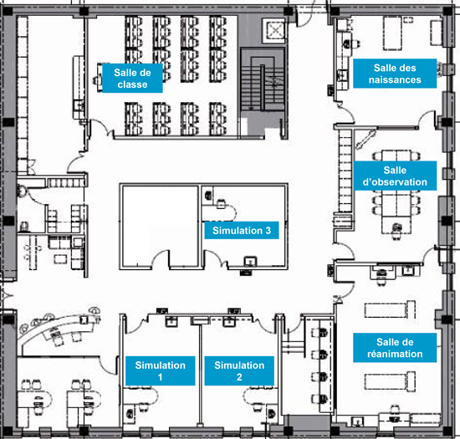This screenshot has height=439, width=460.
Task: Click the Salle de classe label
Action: pyautogui.click(x=132, y=79)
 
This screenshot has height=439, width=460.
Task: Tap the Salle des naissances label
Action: pyautogui.click(x=395, y=74)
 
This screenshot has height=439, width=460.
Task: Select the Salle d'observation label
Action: pyautogui.click(x=395, y=176)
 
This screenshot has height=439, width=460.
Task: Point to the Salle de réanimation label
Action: pyautogui.click(x=395, y=348)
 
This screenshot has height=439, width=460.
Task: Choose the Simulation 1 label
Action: pyautogui.click(x=161, y=370)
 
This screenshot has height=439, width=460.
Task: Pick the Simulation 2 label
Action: pyautogui.click(x=239, y=370)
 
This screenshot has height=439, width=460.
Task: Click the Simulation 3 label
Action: pyautogui.click(x=242, y=231)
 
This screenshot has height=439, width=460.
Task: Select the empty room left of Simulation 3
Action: pyautogui.click(x=161, y=226)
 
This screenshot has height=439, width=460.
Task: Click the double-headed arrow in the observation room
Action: pyautogui.click(x=365, y=140)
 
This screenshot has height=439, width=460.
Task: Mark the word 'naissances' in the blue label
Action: pyautogui.click(x=395, y=79)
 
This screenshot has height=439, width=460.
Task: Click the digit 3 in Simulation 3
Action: pyautogui.click(x=268, y=231)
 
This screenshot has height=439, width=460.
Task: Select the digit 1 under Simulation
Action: pyautogui.click(x=161, y=377)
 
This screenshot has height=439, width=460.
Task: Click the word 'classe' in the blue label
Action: pyautogui.click(x=132, y=84)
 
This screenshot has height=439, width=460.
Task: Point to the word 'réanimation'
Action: pyautogui.click(x=395, y=354)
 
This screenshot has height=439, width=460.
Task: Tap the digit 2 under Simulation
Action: pyautogui.click(x=239, y=377)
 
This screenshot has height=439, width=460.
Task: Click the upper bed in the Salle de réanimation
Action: pyautogui.click(x=390, y=309)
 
